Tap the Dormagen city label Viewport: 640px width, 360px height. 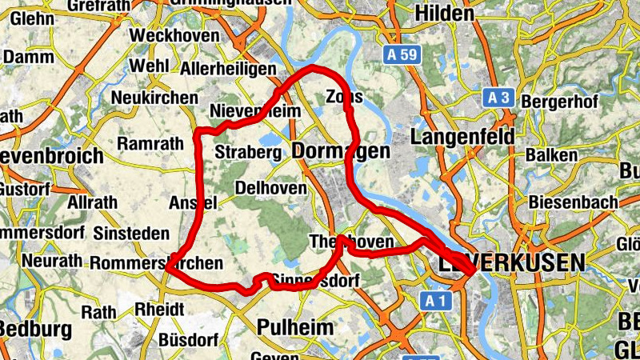coord(341,151)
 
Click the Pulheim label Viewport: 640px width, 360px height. coord(293,327)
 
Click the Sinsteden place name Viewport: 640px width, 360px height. coord(131,234)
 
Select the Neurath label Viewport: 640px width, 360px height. coord(52,261)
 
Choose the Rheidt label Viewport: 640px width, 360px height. coord(160,309)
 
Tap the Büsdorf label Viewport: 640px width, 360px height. coord(184,338)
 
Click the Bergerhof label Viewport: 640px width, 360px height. coord(558,103)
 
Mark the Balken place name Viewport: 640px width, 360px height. coord(551,154)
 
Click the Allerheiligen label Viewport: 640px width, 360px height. coord(228,70)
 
